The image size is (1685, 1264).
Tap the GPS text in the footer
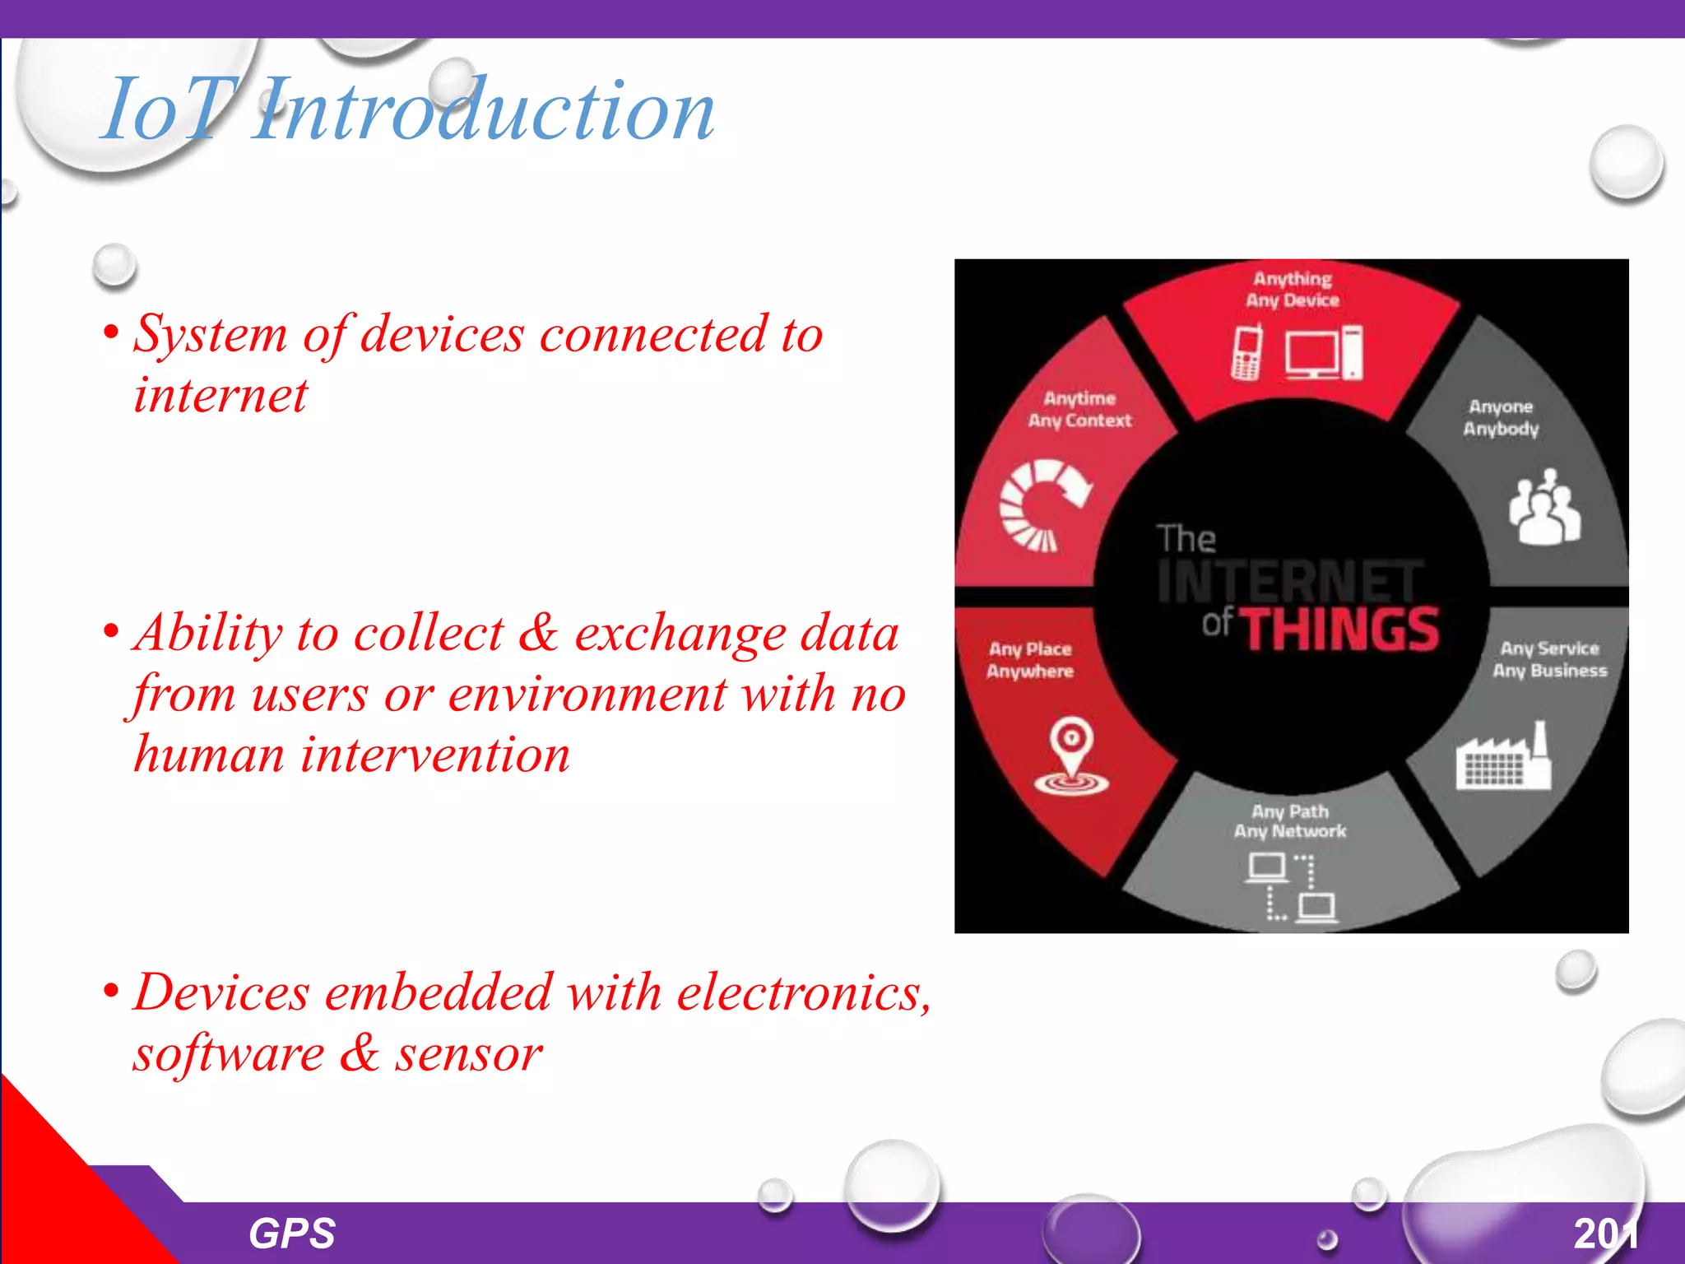point(292,1234)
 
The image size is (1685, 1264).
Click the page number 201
point(1605,1234)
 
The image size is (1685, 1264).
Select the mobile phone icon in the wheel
point(1247,352)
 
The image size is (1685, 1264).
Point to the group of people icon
point(1544,508)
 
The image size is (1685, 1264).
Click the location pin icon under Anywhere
point(1071,756)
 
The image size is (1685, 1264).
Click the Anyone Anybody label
point(1501,417)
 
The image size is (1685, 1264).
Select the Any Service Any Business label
point(1549,659)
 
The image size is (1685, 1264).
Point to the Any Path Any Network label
point(1289,821)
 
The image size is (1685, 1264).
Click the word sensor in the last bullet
point(469,1054)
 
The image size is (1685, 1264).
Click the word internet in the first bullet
point(220,395)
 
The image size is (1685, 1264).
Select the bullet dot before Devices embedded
point(110,991)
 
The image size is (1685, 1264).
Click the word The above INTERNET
point(1186,539)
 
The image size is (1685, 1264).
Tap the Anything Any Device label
point(1293,290)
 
